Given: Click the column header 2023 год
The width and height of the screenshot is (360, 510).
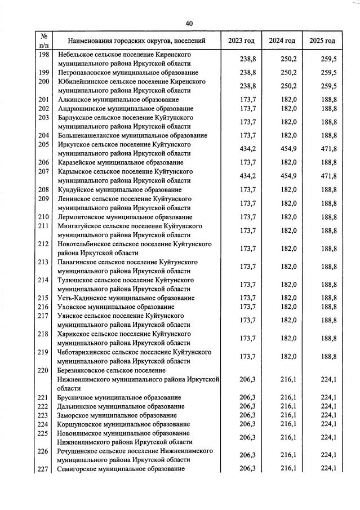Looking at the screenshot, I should click(x=241, y=41).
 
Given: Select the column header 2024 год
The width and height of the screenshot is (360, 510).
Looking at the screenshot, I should click(x=282, y=41).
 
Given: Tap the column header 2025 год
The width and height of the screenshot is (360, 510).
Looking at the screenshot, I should click(x=322, y=41).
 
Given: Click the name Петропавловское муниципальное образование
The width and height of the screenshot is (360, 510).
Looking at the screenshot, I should click(x=128, y=73).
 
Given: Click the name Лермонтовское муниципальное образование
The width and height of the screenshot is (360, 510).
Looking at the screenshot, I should click(x=125, y=217).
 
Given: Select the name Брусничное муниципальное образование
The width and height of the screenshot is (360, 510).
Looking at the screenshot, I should click(x=119, y=397).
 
